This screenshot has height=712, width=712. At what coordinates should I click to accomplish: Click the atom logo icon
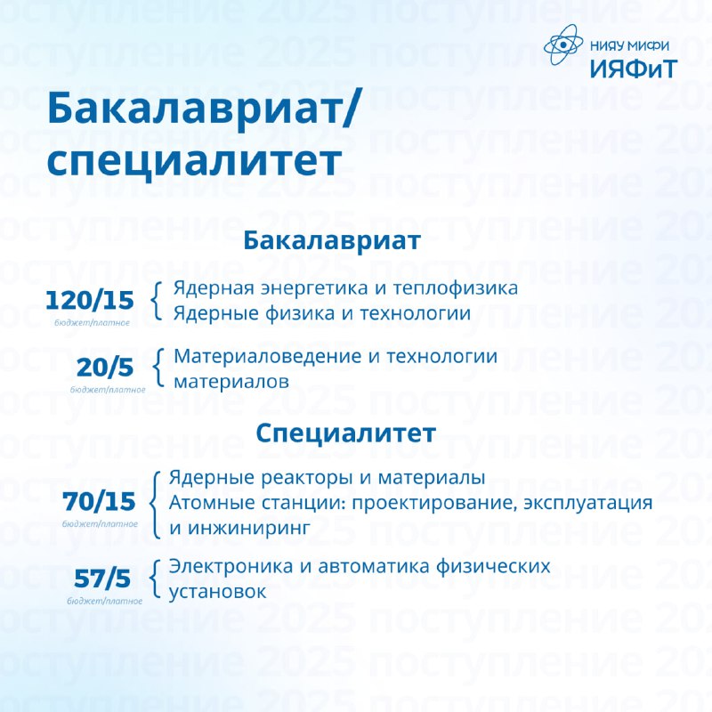pyautogui.click(x=563, y=44)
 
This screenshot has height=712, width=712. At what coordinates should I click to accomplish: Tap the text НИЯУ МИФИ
pyautogui.click(x=630, y=45)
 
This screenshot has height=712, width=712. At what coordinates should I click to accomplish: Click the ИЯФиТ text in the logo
pyautogui.click(x=634, y=69)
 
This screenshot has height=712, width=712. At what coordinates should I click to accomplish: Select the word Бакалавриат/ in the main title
pyautogui.click(x=203, y=107)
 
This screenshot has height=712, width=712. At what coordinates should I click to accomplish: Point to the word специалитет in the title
pyautogui.click(x=194, y=160)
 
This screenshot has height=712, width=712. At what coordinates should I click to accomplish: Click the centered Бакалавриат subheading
pyautogui.click(x=332, y=240)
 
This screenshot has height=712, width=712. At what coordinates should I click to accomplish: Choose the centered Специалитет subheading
pyautogui.click(x=346, y=433)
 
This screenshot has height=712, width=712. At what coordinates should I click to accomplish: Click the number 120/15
pyautogui.click(x=90, y=300)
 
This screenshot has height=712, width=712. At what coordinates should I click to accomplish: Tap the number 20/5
pyautogui.click(x=105, y=368)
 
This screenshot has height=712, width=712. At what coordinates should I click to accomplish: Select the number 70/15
pyautogui.click(x=99, y=501)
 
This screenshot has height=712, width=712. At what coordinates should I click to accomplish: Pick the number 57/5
pyautogui.click(x=102, y=578)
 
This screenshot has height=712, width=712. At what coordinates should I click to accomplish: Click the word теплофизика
pyautogui.click(x=455, y=288)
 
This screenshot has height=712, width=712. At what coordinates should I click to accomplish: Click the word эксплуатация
pyautogui.click(x=587, y=504)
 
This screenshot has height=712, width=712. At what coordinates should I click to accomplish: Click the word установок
pyautogui.click(x=217, y=592)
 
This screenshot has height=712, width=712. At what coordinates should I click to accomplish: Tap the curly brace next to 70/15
pyautogui.click(x=155, y=505)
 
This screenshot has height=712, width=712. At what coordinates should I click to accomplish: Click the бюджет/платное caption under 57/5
pyautogui.click(x=104, y=602)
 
